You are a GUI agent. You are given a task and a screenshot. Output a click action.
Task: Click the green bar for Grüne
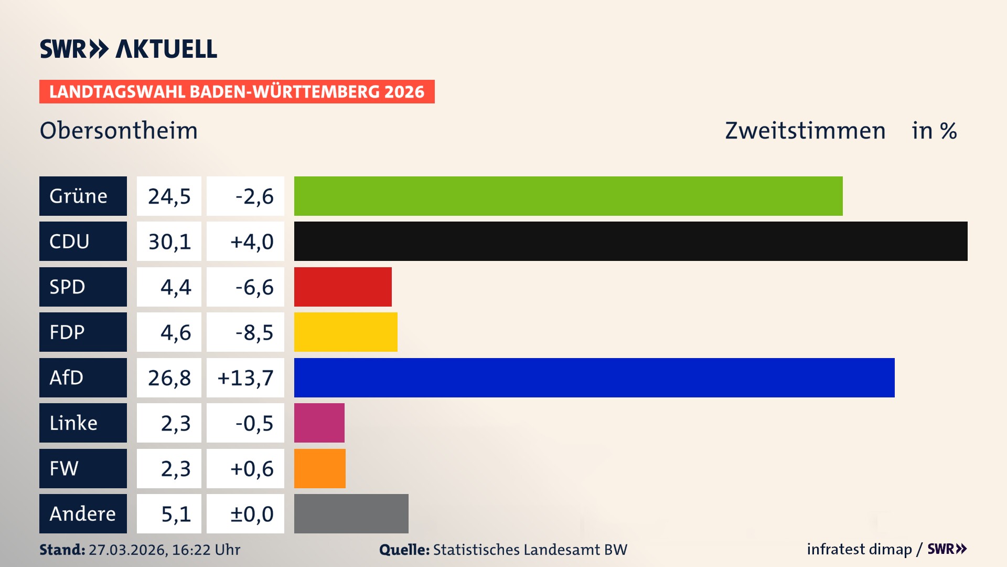(568, 196)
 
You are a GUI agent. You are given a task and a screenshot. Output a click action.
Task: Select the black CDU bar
(630, 241)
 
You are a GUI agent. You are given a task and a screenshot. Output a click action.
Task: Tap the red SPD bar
(342, 287)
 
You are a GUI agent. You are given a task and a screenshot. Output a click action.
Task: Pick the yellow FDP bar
(346, 332)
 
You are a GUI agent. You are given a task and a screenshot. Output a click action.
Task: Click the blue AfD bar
(594, 377)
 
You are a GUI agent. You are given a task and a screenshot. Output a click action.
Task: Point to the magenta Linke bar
(319, 423)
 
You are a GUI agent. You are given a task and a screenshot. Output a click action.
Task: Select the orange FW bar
(319, 468)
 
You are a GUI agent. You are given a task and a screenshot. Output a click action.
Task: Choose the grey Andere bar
(351, 513)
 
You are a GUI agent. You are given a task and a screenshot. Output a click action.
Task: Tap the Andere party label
(83, 513)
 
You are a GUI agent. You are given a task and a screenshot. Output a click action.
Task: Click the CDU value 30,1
(169, 241)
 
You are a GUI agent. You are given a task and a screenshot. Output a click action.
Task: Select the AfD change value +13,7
(245, 378)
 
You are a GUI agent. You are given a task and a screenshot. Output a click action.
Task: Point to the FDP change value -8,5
(254, 332)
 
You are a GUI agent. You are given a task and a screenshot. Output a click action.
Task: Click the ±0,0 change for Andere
(252, 514)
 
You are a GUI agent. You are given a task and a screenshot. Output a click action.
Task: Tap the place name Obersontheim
(119, 131)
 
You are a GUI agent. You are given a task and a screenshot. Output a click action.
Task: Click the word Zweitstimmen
(805, 131)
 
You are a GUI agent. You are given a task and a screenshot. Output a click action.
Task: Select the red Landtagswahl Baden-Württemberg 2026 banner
(237, 92)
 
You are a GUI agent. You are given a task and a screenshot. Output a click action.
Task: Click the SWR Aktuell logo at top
(128, 49)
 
